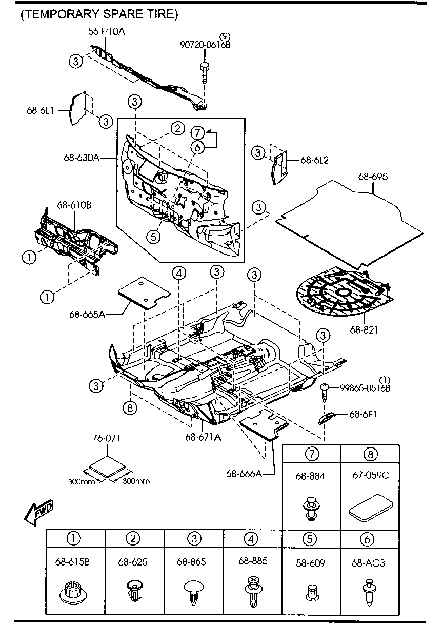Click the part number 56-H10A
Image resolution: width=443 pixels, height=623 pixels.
106,32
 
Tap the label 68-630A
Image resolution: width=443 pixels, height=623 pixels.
83,158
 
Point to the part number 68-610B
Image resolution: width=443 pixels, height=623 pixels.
74,205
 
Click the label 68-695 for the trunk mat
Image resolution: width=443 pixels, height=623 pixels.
372,177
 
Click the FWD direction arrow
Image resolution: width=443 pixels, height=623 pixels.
38,512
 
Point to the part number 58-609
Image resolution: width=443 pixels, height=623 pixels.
310,563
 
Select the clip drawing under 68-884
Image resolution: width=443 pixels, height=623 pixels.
311,508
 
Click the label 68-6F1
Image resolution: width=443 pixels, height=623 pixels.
363,414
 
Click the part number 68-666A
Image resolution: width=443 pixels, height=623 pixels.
244,474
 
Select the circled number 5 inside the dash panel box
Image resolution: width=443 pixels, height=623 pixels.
152,237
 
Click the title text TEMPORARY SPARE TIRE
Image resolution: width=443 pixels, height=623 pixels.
99,14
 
